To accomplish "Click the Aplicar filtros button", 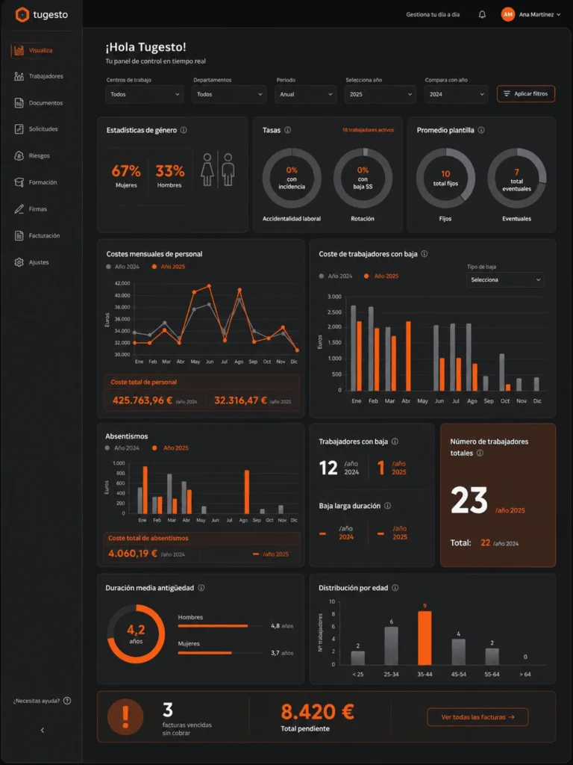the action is click(x=526, y=93).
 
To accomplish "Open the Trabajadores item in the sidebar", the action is click(x=39, y=76).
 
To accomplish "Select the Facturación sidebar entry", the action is click(x=37, y=235).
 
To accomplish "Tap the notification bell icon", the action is click(x=482, y=15).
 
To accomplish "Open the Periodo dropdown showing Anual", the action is click(x=305, y=94).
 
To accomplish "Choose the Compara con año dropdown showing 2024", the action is click(x=456, y=94).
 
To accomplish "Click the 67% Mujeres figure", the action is click(x=125, y=176).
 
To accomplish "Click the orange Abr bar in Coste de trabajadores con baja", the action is click(x=408, y=356).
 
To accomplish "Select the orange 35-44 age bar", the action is click(x=425, y=638).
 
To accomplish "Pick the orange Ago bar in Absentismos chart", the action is click(x=247, y=492).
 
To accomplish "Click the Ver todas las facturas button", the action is click(x=477, y=716).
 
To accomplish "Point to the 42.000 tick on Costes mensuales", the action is click(x=122, y=283).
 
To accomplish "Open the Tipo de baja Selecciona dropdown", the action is click(x=505, y=279).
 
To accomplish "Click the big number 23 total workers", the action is click(x=469, y=500).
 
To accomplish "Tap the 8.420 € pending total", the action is click(x=317, y=713).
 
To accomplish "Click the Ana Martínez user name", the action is click(x=536, y=15).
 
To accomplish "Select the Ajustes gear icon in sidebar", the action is click(x=19, y=262).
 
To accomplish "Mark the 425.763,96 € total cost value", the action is click(x=143, y=400).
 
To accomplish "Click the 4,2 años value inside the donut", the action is click(x=136, y=634).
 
